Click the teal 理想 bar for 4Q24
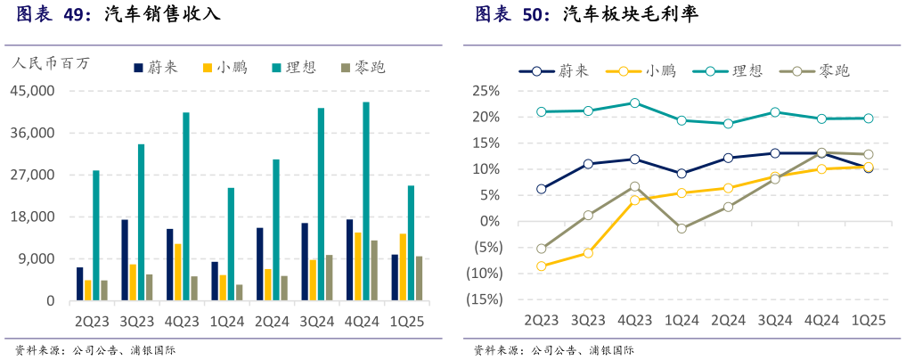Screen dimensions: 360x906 (x=366, y=201)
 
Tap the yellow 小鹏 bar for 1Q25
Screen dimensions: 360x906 (x=403, y=267)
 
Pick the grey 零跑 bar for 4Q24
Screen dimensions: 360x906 (x=374, y=271)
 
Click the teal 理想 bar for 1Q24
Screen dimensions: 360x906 (x=232, y=244)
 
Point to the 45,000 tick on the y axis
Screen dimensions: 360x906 (x=33, y=91)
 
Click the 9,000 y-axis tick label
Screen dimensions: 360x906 (x=37, y=259)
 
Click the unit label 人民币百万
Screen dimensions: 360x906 (x=51, y=63)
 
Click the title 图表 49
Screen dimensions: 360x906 (x=53, y=15)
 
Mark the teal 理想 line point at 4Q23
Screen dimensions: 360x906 (x=634, y=103)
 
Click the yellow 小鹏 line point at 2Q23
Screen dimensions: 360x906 (x=541, y=266)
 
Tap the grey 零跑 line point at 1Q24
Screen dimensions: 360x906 (x=682, y=229)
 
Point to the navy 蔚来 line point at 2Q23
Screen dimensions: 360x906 (x=541, y=189)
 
